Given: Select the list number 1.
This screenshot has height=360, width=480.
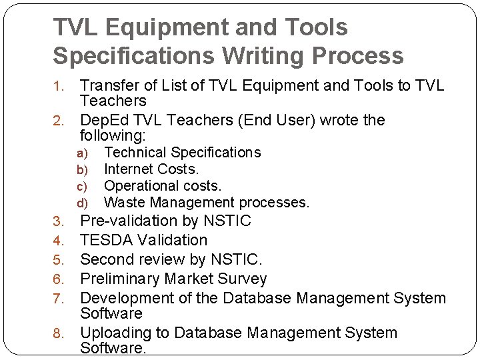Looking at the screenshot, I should [58, 86].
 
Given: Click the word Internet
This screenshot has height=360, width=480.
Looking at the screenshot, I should [129, 169].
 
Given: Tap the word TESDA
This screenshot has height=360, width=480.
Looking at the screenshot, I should [103, 239].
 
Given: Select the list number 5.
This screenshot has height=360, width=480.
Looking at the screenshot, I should [58, 260].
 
